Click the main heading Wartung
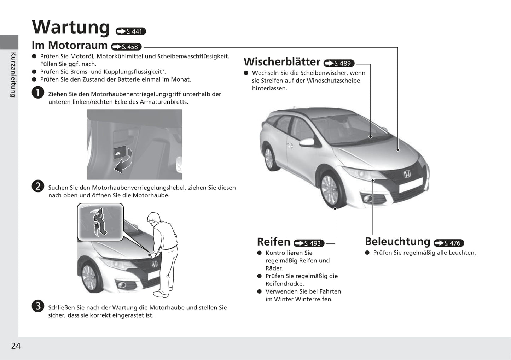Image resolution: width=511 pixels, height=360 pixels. (x=71, y=27)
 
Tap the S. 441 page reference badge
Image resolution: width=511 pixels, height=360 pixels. (x=131, y=31)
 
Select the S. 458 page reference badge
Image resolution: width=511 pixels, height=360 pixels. (x=126, y=47)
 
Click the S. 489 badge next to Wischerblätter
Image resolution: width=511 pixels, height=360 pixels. (x=339, y=63)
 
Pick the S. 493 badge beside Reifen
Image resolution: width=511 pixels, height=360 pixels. (x=309, y=243)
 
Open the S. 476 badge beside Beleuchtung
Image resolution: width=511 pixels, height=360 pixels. (x=449, y=243)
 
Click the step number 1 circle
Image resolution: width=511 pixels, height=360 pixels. (x=38, y=93)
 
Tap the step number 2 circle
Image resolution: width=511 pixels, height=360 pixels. (x=38, y=186)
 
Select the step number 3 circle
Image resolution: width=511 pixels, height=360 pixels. (x=38, y=306)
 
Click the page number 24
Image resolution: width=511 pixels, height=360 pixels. (x=16, y=346)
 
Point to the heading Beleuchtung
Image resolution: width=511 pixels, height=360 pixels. (x=397, y=241)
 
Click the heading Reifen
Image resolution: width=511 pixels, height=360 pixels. (x=273, y=242)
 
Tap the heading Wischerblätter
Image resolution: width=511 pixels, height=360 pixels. (x=282, y=61)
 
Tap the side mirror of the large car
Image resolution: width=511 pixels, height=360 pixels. (x=307, y=142)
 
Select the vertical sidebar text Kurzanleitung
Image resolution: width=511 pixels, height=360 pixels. (x=13, y=75)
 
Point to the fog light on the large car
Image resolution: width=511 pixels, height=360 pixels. (x=367, y=199)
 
